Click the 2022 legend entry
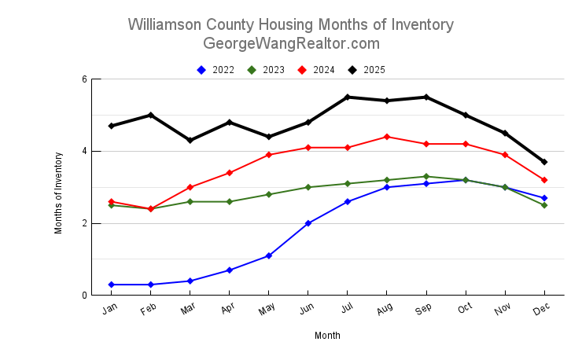(215, 70)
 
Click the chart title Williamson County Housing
(290, 24)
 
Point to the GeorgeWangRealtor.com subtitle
(290, 43)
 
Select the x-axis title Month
(327, 336)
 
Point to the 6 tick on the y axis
(84, 79)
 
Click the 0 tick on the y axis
(84, 296)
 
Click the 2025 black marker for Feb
(151, 116)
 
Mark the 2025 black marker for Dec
(544, 162)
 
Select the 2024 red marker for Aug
(387, 137)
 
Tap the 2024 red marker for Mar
(190, 187)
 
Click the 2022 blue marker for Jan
(112, 285)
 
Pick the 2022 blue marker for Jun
(308, 223)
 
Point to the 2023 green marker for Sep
(426, 177)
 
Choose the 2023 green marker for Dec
(544, 205)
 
